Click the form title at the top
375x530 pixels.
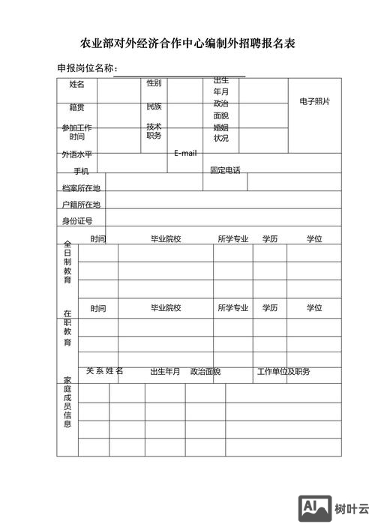[x=187, y=43]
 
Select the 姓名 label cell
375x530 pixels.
[x=77, y=84]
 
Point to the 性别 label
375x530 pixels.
[x=154, y=83]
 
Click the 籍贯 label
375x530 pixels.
[x=77, y=107]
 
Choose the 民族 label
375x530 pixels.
[x=154, y=106]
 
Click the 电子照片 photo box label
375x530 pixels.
[x=314, y=101]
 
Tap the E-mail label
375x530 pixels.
[x=185, y=153]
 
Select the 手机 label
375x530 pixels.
[x=81, y=171]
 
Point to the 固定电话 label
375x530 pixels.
[x=225, y=170]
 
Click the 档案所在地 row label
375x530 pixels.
[x=81, y=187]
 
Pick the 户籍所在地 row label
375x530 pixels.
[x=81, y=204]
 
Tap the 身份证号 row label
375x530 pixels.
[x=77, y=220]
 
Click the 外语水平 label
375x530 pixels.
[x=77, y=154]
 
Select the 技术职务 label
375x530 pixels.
[x=154, y=131]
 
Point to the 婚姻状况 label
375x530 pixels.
[x=220, y=133]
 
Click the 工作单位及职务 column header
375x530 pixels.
[x=283, y=372]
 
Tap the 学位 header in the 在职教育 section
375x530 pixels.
[x=313, y=308]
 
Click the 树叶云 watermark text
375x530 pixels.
[x=352, y=509]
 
